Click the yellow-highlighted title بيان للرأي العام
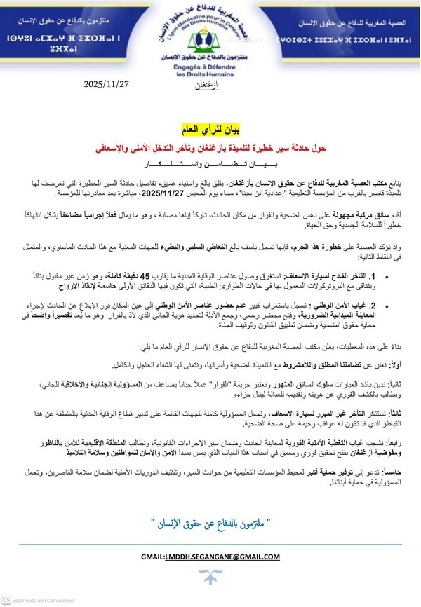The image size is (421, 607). click(x=210, y=131)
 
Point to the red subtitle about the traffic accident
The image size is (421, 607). click(x=210, y=148)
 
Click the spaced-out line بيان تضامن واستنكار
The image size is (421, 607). click(x=210, y=165)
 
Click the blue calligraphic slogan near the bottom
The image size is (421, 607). click(x=210, y=522)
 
